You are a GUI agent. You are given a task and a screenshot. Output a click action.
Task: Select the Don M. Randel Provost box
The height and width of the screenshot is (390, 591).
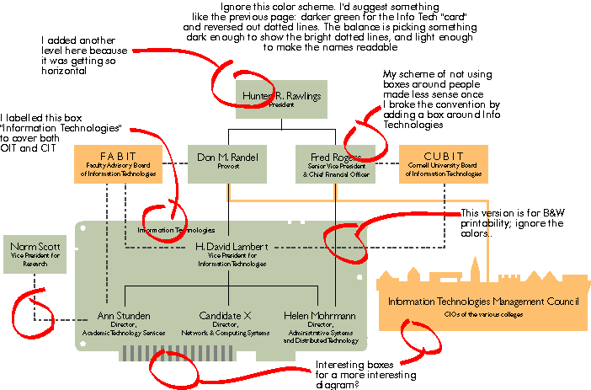coord(228,161)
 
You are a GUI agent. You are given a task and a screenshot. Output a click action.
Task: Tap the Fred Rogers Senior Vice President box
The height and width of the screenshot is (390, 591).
coord(335,162)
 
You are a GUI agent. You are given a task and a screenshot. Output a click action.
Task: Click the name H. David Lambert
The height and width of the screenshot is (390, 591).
coord(232,246)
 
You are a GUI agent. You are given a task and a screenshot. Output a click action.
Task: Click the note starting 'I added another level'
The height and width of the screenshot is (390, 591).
coord(75,55)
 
